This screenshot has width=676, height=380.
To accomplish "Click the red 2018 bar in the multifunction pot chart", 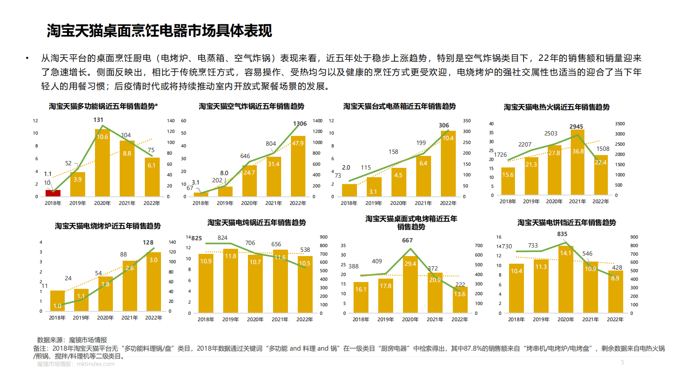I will click(53, 193).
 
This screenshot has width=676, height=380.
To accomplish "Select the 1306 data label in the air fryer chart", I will click(300, 124).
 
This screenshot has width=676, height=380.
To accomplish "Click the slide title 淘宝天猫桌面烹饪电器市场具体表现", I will click(159, 31).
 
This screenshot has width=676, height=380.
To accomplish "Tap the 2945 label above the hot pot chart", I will click(576, 127).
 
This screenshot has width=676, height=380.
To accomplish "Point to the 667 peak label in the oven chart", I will click(407, 240).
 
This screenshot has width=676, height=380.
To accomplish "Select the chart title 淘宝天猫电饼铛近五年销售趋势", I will click(567, 222).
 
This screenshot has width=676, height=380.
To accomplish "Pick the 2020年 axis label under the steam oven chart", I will click(398, 203).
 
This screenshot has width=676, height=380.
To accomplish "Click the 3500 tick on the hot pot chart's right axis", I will click(620, 124).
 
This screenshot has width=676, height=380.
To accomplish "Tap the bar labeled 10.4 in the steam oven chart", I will click(448, 164).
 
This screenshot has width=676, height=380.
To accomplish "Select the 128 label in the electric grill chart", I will click(148, 242).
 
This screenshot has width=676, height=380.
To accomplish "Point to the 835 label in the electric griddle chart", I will click(562, 234).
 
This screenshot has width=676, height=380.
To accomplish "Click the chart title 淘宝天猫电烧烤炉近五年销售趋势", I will click(108, 226).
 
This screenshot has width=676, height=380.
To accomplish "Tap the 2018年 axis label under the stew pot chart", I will click(206, 319).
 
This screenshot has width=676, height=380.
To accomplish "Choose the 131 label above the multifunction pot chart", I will click(98, 120).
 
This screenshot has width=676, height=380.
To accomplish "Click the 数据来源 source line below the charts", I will click(72, 340).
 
